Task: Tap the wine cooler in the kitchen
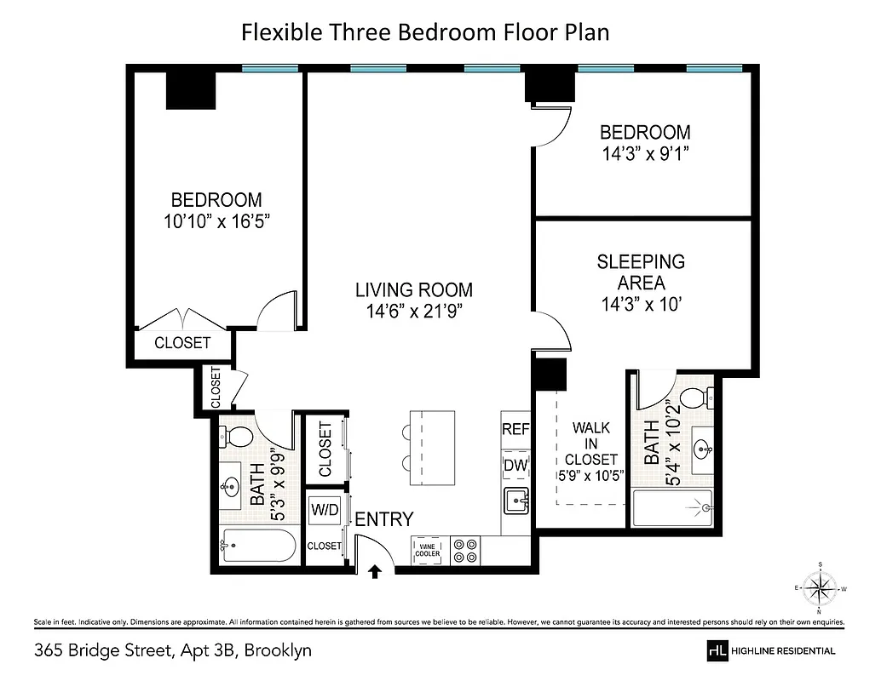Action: click(x=428, y=549)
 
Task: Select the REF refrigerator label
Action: click(x=515, y=429)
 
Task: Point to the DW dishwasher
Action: click(x=515, y=465)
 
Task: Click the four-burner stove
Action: click(x=465, y=550)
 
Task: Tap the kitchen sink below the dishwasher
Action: click(x=515, y=502)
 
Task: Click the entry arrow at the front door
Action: click(x=374, y=572)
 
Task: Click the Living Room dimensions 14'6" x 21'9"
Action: click(x=413, y=311)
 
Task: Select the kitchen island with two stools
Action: click(x=432, y=448)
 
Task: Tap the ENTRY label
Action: click(x=384, y=519)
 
